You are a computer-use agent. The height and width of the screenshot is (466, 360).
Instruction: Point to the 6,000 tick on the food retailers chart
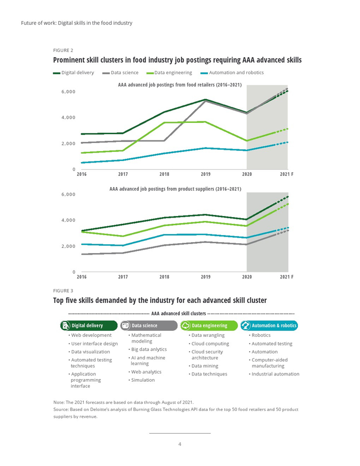tap(68, 92)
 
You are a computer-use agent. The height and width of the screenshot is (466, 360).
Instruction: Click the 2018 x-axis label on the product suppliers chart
tap(164, 277)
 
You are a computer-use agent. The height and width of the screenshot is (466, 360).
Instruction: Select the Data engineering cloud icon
tap(186, 326)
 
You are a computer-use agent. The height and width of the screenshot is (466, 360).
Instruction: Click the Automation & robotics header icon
tap(246, 326)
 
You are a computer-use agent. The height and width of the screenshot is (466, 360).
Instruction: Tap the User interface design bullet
tap(94, 344)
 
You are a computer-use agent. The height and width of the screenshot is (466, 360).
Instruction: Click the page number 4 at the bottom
tap(179, 444)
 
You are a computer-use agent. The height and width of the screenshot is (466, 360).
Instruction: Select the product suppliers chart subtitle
tap(175, 189)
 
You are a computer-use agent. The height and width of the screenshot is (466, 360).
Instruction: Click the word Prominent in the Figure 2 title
tap(72, 60)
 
